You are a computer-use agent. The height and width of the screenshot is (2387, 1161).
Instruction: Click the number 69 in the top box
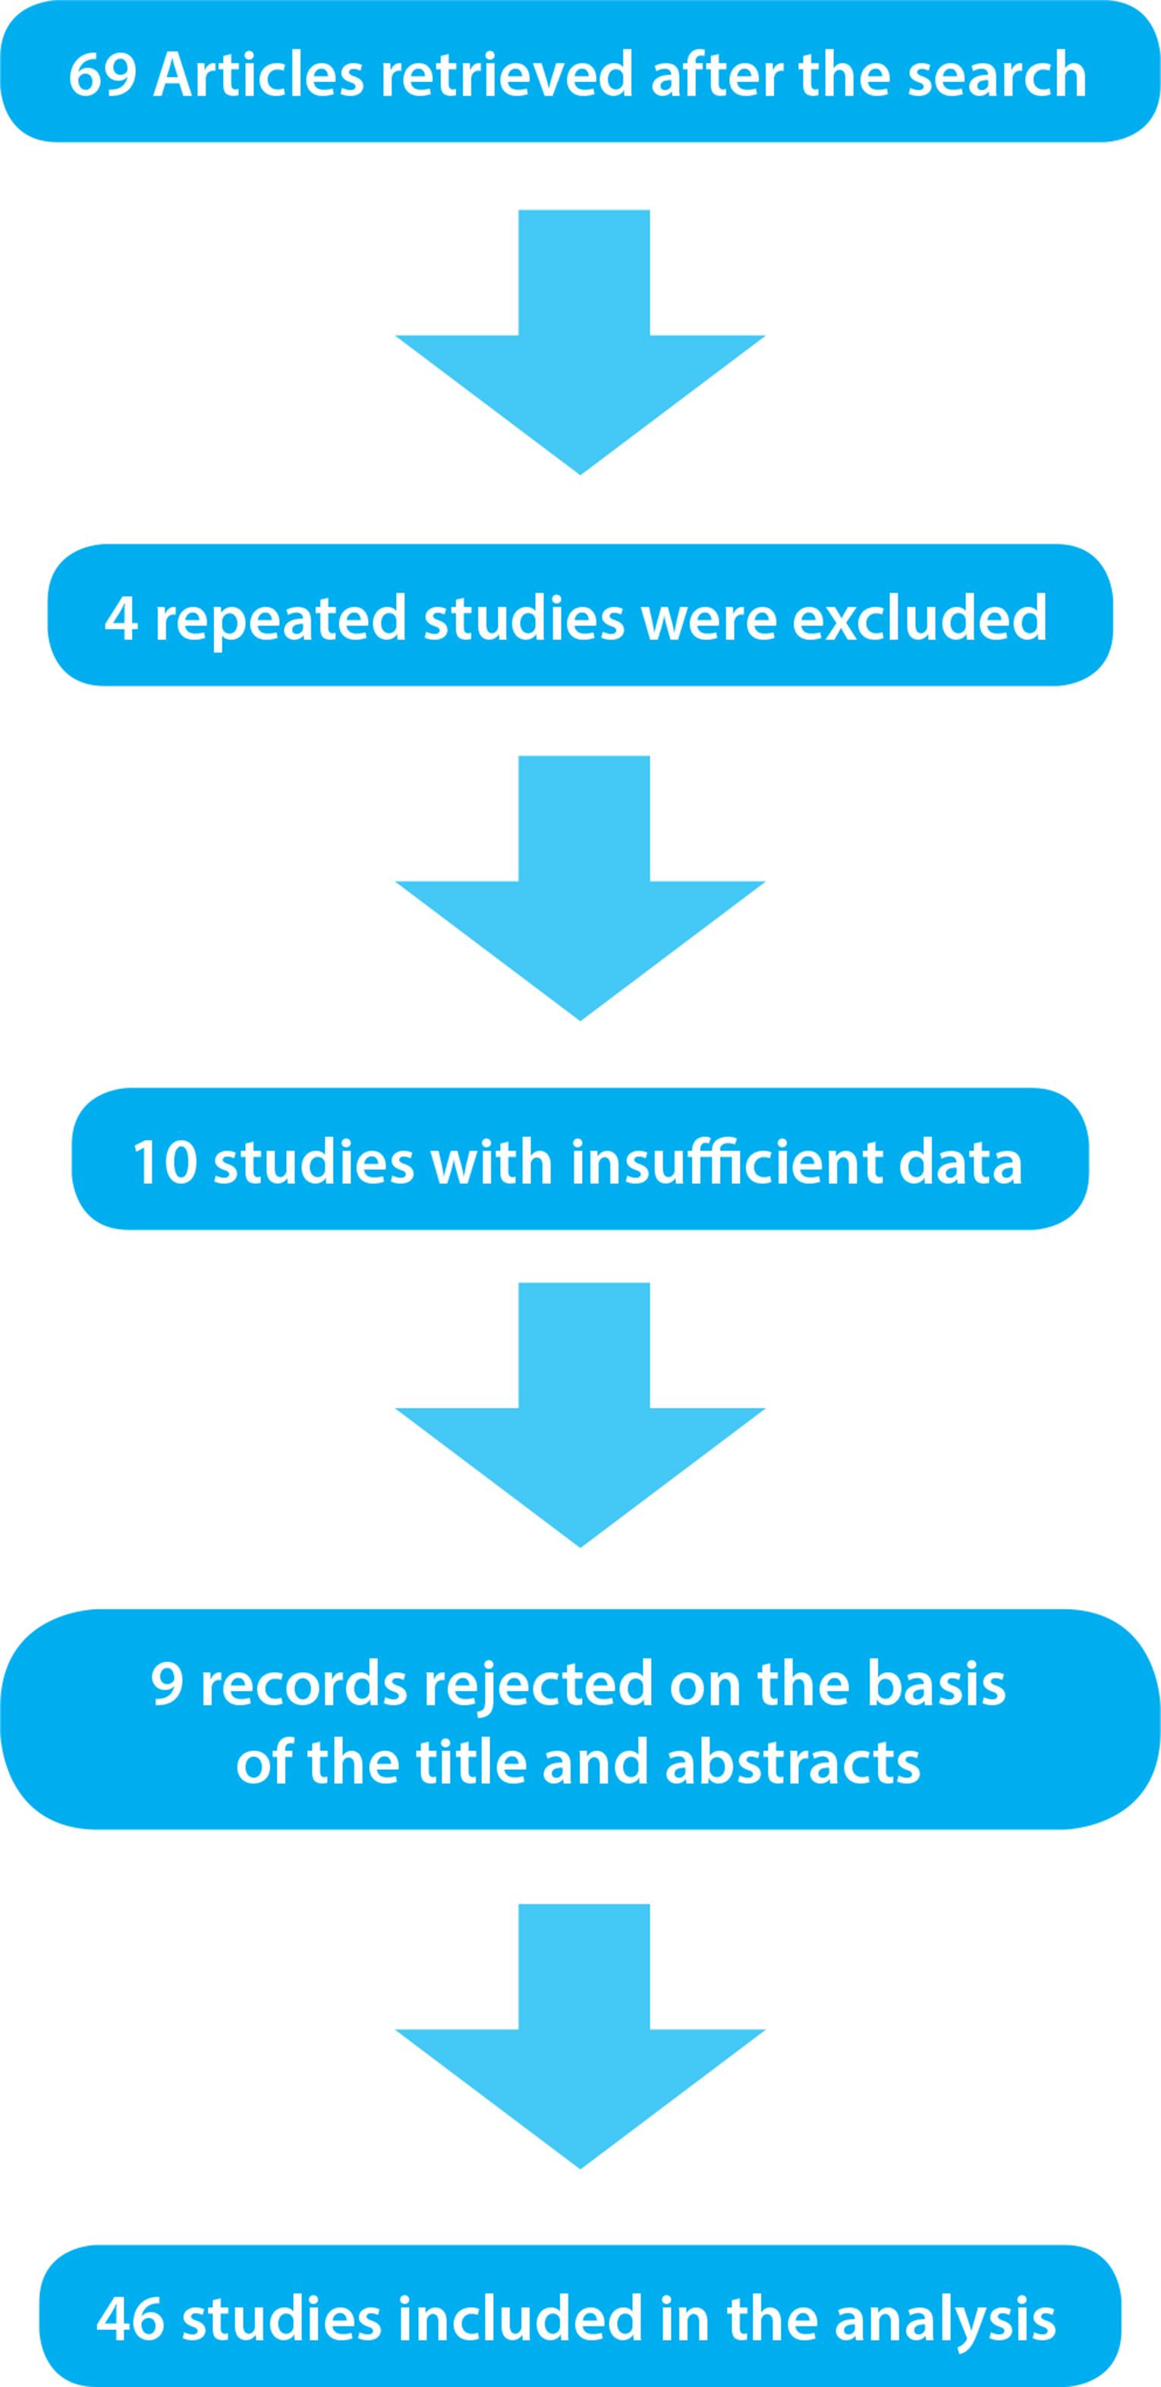tap(102, 74)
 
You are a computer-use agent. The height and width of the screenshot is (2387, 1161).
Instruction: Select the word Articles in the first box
tap(259, 74)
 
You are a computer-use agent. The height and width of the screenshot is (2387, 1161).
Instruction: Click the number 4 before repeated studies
tap(121, 618)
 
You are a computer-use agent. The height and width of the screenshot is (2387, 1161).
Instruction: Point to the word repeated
tap(280, 618)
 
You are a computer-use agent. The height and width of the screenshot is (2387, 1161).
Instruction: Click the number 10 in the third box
tap(165, 1162)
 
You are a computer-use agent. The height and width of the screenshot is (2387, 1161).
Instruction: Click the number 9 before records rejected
tap(167, 1683)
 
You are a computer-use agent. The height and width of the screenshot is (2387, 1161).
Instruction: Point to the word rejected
tap(538, 1683)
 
